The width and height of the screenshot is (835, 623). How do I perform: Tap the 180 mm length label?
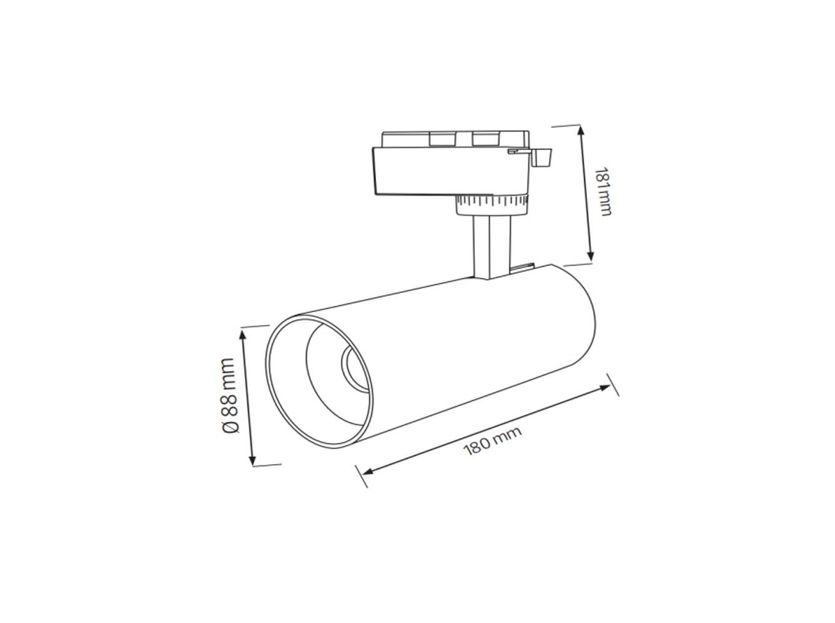(x=492, y=441)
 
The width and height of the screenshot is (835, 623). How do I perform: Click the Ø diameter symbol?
(x=231, y=426)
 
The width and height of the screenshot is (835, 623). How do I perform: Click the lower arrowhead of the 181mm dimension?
(x=590, y=256)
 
